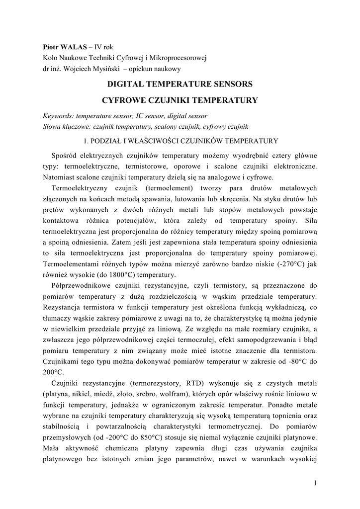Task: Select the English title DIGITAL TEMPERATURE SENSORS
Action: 180,84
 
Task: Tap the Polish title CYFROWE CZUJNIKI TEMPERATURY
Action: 180,100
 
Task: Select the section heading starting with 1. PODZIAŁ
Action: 180,141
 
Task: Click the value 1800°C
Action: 115,274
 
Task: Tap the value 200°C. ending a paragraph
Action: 54,371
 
